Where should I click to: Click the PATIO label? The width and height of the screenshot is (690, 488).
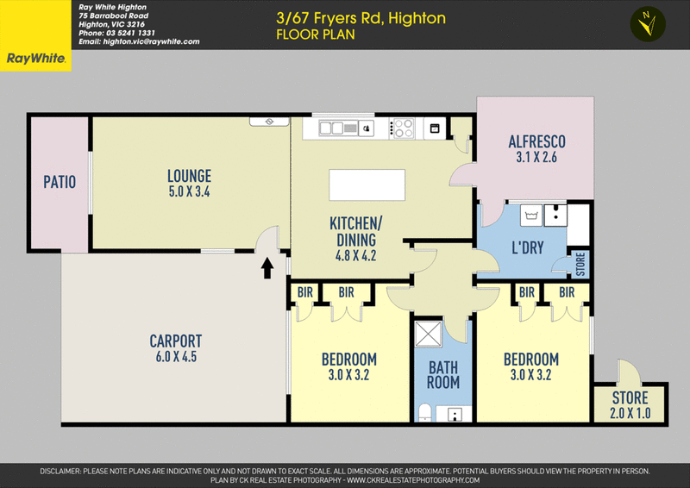click(x=60, y=182)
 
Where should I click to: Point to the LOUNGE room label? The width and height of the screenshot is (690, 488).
click(x=189, y=176)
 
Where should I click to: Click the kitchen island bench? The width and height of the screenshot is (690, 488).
click(x=367, y=185)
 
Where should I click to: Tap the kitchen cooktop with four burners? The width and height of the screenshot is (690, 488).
click(x=403, y=128)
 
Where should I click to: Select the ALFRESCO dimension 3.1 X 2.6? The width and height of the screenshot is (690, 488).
click(x=536, y=158)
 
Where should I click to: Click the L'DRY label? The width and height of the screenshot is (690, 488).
click(x=527, y=248)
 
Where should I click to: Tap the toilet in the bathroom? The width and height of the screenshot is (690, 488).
click(x=425, y=411)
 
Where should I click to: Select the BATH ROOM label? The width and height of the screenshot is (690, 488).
click(x=444, y=375)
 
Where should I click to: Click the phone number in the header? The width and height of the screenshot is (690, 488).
click(x=116, y=33)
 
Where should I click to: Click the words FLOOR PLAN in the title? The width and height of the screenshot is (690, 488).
click(x=315, y=35)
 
